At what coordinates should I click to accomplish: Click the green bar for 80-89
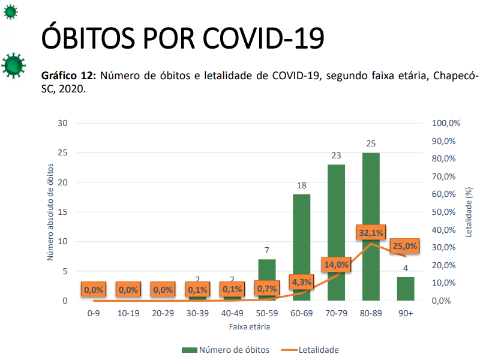point(371,198)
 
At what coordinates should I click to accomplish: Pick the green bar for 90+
point(406,289)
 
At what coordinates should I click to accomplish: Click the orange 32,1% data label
point(370,233)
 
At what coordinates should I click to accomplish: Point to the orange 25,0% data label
point(405,246)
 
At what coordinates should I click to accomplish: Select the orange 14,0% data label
point(336,265)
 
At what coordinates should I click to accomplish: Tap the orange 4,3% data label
point(301,282)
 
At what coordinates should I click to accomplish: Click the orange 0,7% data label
point(266,289)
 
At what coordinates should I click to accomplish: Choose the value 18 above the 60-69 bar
point(301,186)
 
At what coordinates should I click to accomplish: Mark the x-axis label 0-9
point(93,313)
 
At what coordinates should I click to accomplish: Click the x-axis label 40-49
point(232,313)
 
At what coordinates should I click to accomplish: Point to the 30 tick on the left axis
point(63,123)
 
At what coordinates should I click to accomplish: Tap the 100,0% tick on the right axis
point(446,123)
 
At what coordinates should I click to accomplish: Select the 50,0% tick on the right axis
point(445,212)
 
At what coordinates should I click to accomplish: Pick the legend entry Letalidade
point(312,350)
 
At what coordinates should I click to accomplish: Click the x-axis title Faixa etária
point(249,327)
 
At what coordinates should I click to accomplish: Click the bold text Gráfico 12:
point(68,76)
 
